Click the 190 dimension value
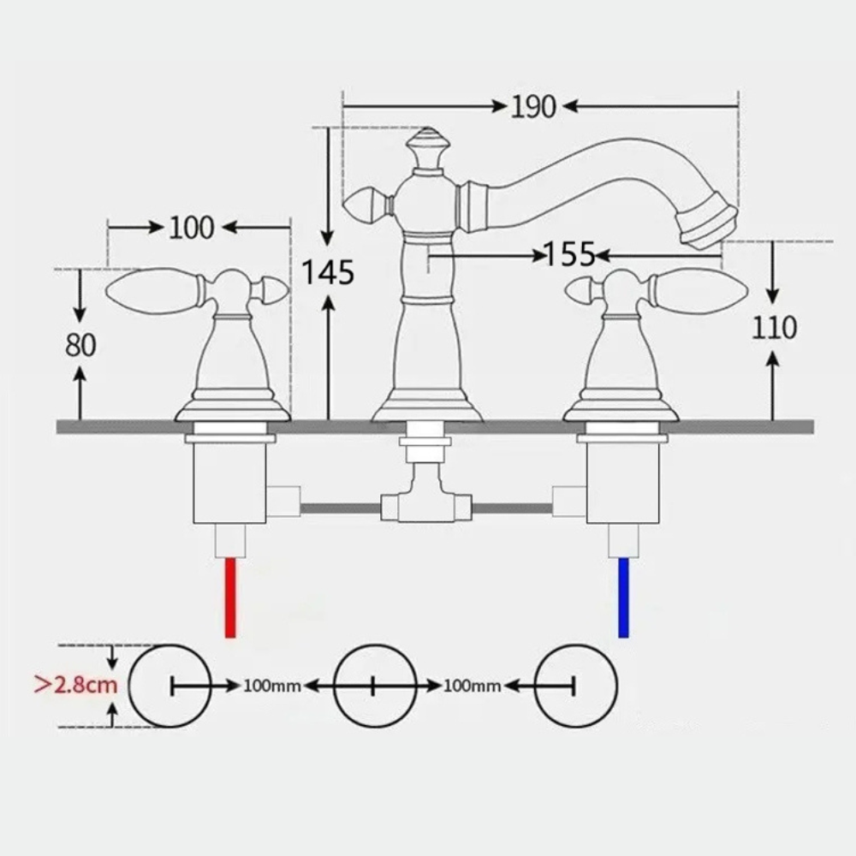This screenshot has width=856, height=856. coord(533,106)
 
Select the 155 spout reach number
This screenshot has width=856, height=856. coord(569,253)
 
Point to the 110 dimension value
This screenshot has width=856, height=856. coord(774,327)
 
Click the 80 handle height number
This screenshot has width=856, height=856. coord(80,344)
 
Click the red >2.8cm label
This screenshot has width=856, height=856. coord(75,686)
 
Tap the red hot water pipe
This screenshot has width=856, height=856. coord(229,597)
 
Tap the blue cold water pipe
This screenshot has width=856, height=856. coord(623,597)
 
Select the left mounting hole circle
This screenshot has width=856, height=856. coord(172,686)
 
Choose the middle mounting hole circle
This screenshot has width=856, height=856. coord(374,686)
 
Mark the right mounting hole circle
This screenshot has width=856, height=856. coord(574,686)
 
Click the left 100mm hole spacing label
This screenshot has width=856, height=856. coord(272,686)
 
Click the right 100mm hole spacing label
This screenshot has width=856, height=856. coord(472,686)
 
